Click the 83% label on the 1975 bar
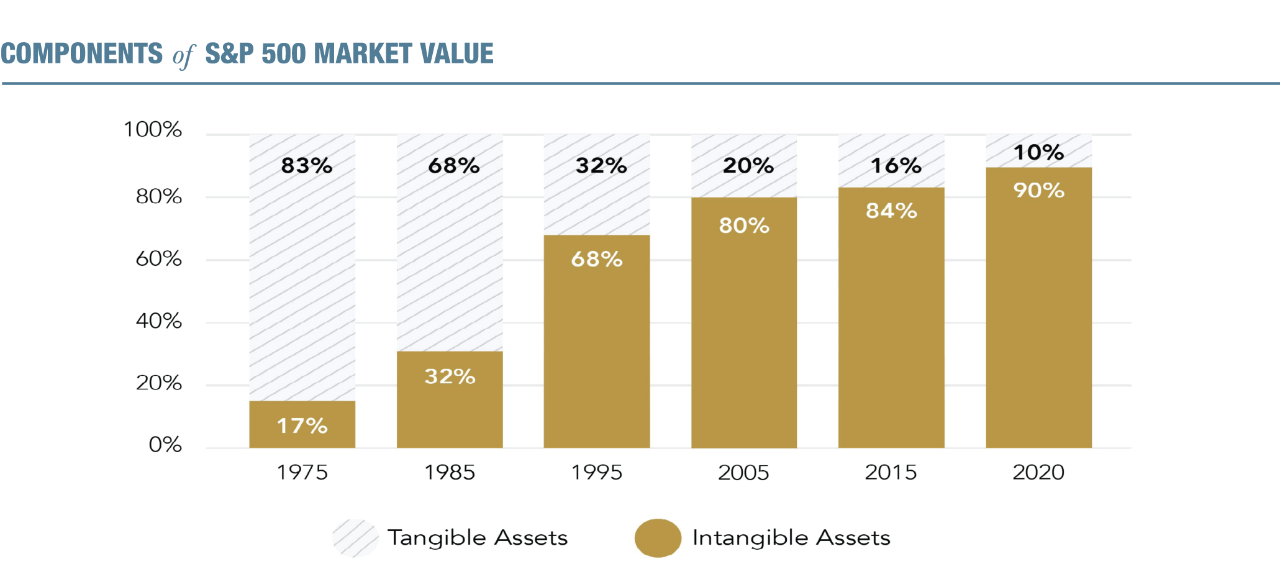click(306, 166)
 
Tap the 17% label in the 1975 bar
click(302, 426)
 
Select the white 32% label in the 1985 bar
click(450, 376)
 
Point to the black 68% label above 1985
click(453, 166)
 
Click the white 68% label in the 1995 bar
click(596, 259)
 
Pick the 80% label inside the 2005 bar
click(744, 225)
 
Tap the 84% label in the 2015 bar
click(891, 211)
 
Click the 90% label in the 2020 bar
click(1038, 190)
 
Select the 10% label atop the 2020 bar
click(1038, 152)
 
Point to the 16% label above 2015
click(896, 166)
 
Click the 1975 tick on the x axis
click(302, 473)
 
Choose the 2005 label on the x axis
click(743, 473)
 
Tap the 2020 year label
click(1038, 473)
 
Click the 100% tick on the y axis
click(153, 130)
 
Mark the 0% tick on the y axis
click(165, 445)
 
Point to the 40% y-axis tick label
click(159, 321)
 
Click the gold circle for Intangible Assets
click(658, 538)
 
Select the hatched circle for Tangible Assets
click(355, 538)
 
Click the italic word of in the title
click(184, 56)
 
